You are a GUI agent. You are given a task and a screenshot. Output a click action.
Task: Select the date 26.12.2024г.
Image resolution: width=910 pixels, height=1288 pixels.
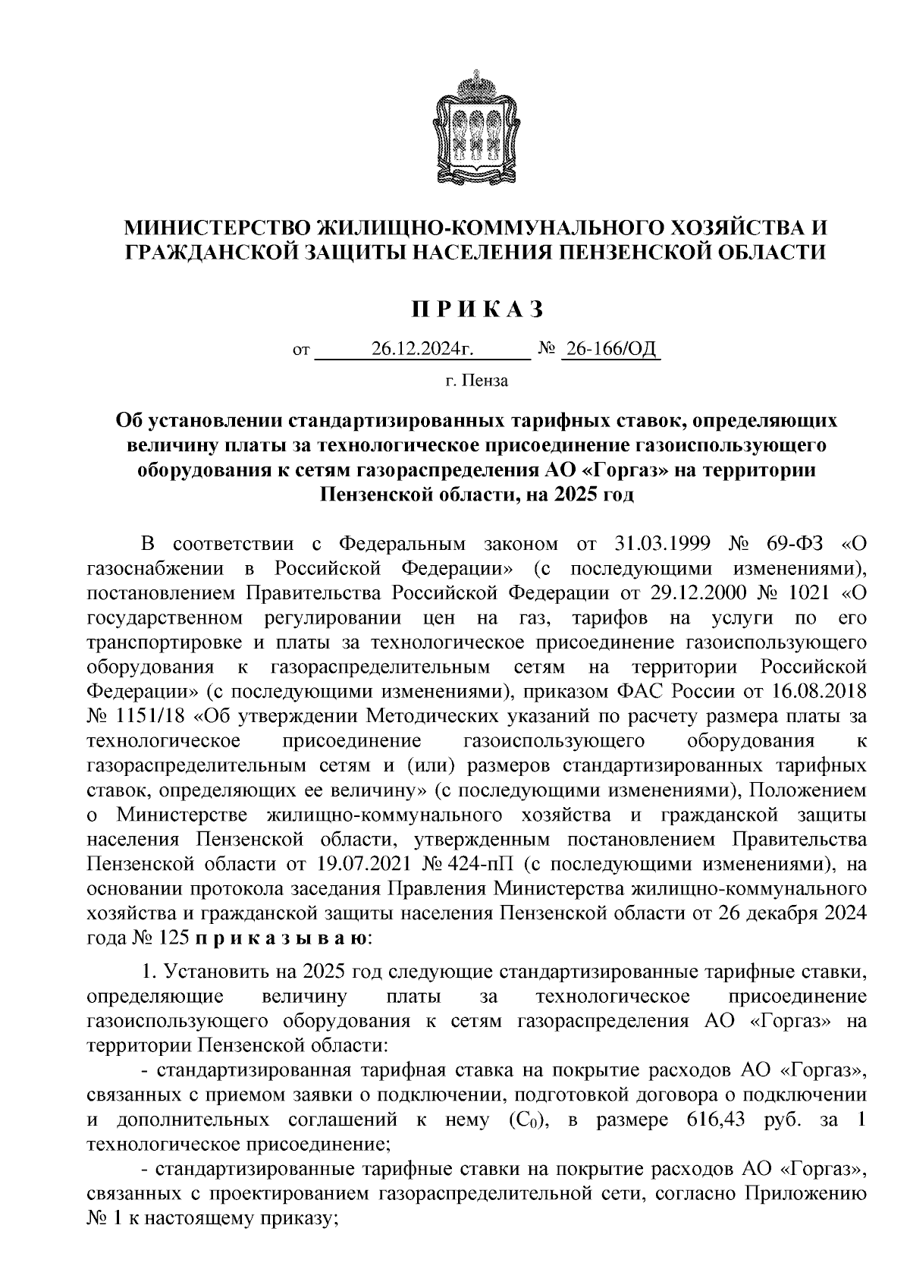point(422,350)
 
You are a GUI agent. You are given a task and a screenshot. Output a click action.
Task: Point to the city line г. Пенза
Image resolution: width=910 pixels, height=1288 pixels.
point(477,381)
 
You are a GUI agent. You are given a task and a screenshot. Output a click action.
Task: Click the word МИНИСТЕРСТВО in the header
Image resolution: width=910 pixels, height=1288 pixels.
point(217,227)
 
